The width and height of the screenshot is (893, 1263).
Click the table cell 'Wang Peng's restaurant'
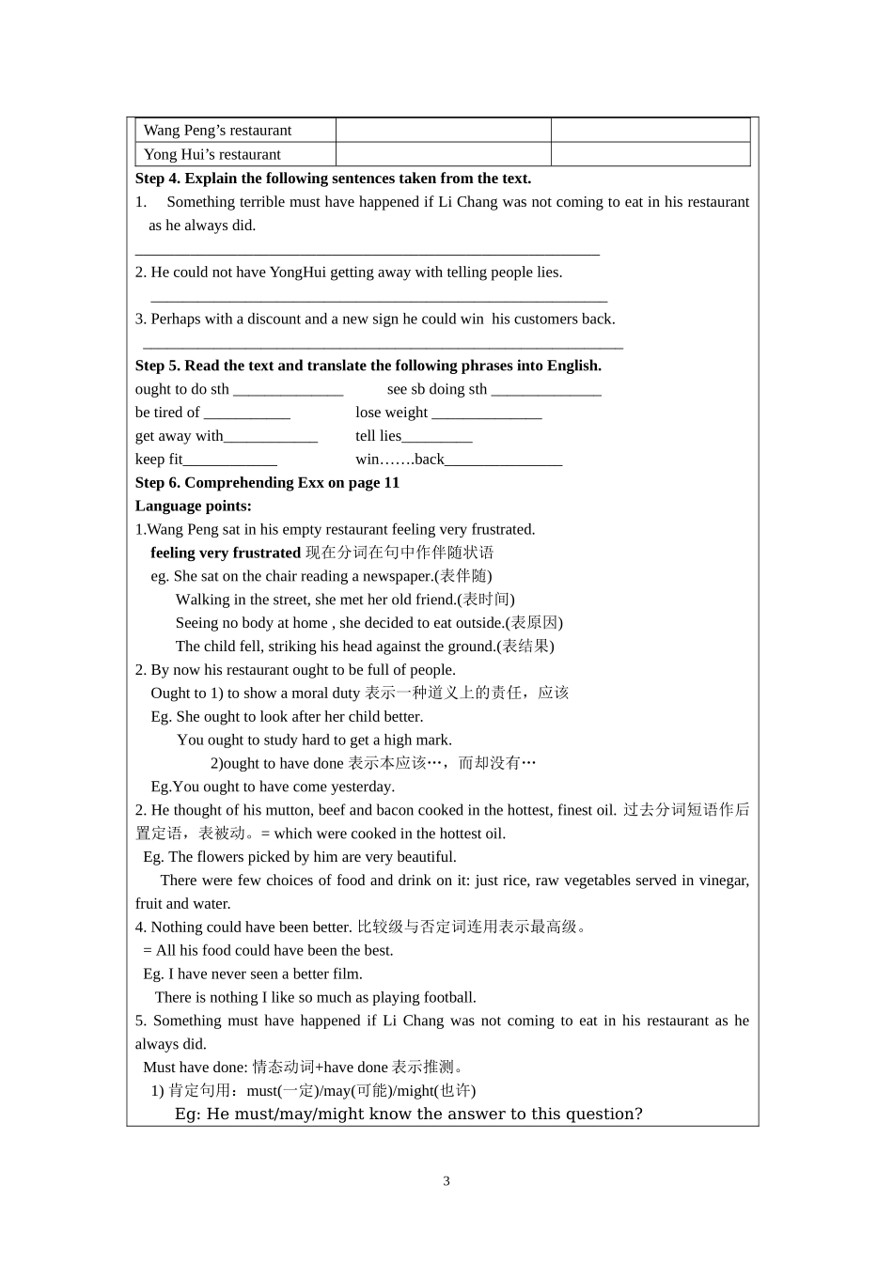(217, 131)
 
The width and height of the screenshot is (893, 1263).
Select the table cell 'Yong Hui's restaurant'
(211, 155)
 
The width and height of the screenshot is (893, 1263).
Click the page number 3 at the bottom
(446, 1181)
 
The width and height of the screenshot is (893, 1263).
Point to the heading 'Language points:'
(193, 507)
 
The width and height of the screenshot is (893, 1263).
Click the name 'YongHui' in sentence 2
(297, 273)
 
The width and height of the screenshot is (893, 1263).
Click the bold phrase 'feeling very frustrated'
(226, 553)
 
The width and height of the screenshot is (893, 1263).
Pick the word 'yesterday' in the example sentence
(361, 787)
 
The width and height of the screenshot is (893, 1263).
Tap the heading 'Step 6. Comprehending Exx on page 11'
(267, 483)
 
